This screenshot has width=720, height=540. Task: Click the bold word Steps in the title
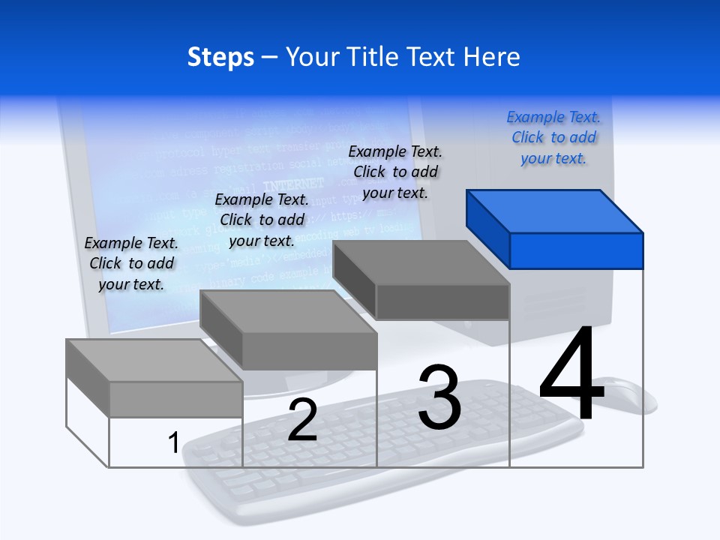tap(220, 57)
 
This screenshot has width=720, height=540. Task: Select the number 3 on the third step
tap(439, 397)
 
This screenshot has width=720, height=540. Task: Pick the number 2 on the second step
tap(302, 420)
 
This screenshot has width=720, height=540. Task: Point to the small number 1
tap(173, 442)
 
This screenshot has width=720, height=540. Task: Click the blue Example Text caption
tap(553, 138)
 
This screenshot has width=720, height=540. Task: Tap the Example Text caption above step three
tap(395, 172)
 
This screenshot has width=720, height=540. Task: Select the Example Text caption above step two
tap(262, 220)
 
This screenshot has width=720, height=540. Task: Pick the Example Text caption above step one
tap(131, 263)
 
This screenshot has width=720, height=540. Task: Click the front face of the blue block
tap(576, 250)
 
